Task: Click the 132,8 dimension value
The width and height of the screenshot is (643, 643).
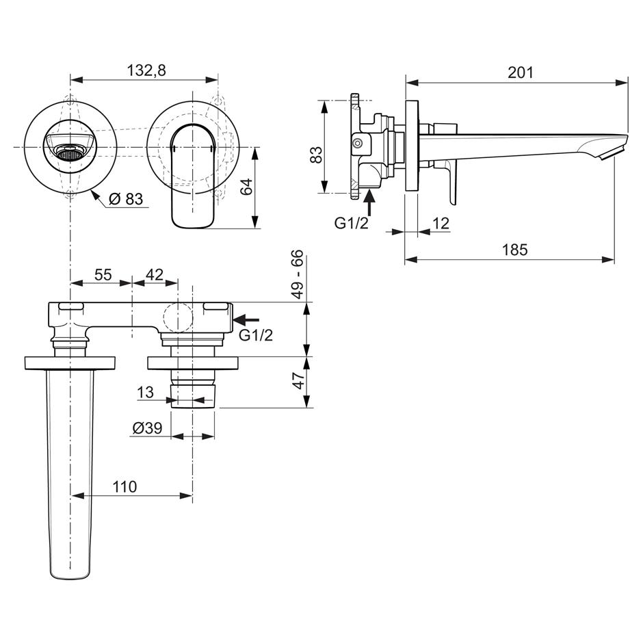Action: [146, 70]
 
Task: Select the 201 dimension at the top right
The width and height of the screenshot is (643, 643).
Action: [521, 73]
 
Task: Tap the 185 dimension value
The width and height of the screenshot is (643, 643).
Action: [515, 250]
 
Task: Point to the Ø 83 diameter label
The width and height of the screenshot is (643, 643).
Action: [126, 199]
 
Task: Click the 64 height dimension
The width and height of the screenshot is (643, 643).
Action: [246, 187]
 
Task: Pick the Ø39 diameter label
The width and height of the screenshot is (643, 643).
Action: [148, 428]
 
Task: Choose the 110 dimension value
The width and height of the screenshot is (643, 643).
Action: [124, 487]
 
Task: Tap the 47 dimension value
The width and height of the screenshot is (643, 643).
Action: [300, 380]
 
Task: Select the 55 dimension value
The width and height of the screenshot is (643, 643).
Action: [103, 275]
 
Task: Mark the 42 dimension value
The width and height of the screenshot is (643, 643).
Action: [155, 274]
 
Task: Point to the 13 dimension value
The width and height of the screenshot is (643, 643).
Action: [145, 392]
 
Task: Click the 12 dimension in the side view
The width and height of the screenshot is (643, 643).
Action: [441, 224]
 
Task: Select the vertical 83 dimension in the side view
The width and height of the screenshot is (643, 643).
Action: [317, 155]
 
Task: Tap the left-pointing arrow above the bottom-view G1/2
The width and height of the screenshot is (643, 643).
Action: [246, 319]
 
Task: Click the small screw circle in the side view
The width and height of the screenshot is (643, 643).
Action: [358, 144]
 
